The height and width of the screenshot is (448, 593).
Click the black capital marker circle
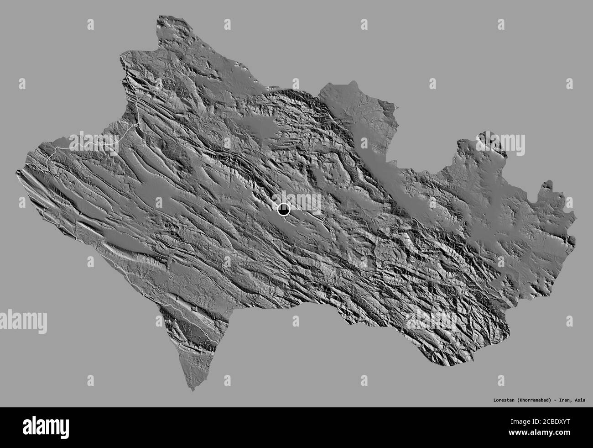(x=284, y=210)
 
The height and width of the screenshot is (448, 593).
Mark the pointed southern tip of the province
(x=193, y=390)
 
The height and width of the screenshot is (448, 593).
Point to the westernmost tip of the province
(x=17, y=172)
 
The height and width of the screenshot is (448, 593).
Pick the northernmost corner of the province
(x=160, y=17)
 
